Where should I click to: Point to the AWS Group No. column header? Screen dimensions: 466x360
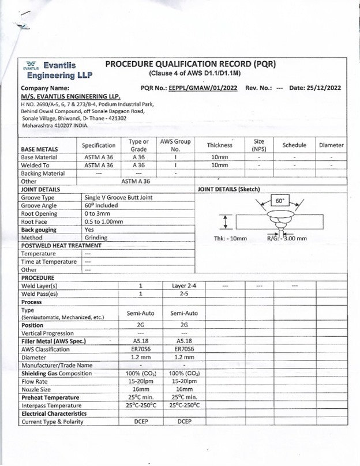pos(175,145)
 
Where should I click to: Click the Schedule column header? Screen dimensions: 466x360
pos(294,145)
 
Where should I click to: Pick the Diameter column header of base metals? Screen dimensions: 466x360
pos(331,145)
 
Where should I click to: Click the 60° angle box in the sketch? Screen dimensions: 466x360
pos(280,201)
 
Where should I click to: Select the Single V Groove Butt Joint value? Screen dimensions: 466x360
pos(118,197)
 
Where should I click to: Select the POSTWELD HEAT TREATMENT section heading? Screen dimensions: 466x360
pos(61,245)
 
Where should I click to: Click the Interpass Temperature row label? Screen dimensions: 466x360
pos(49,405)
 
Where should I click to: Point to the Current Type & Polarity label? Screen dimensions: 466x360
pos(52,422)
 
